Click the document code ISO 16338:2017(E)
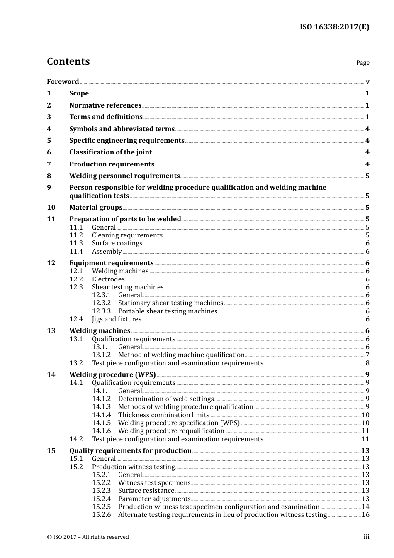[x=334, y=27]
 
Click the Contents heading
[x=68, y=61]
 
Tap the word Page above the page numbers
[x=362, y=63]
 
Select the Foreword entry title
[x=63, y=81]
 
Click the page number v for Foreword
[x=367, y=82]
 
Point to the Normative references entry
[x=105, y=105]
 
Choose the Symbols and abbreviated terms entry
[x=122, y=129]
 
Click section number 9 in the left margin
[x=49, y=187]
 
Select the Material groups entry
[x=96, y=207]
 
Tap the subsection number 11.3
[x=76, y=243]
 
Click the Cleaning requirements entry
[x=127, y=235]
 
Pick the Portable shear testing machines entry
[x=168, y=311]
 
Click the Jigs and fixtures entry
[x=117, y=319]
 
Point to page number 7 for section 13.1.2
[x=367, y=355]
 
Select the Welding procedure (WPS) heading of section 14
[x=112, y=374]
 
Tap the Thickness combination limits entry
[x=163, y=415]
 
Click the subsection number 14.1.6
[x=102, y=431]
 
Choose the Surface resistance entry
[x=146, y=491]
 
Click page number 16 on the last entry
[x=365, y=515]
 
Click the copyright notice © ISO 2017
[x=88, y=537]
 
